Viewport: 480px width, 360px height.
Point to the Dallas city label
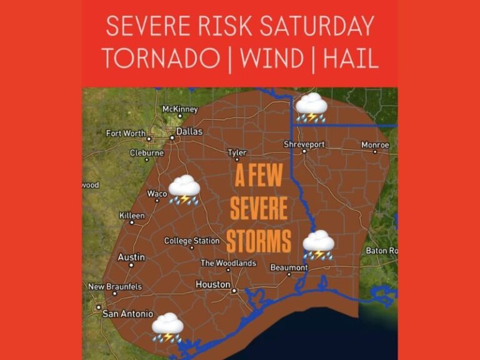(x=189, y=131)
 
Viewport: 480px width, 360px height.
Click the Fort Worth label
(x=126, y=133)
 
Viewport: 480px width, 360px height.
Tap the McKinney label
(x=180, y=109)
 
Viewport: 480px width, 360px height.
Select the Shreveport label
(x=304, y=144)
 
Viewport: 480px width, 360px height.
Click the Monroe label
(x=375, y=145)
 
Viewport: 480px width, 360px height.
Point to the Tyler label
(x=237, y=152)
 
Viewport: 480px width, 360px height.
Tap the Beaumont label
(x=289, y=267)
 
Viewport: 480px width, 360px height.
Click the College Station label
(x=192, y=241)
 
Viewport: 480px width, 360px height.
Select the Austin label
(x=131, y=257)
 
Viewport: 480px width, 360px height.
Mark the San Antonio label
(x=127, y=314)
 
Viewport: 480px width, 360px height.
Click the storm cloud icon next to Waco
(x=184, y=189)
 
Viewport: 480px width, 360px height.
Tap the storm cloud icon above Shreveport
(x=311, y=107)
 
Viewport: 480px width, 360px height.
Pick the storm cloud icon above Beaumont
(x=318, y=244)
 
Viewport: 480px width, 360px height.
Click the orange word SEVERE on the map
(x=259, y=209)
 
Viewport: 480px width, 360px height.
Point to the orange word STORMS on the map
(x=259, y=240)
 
